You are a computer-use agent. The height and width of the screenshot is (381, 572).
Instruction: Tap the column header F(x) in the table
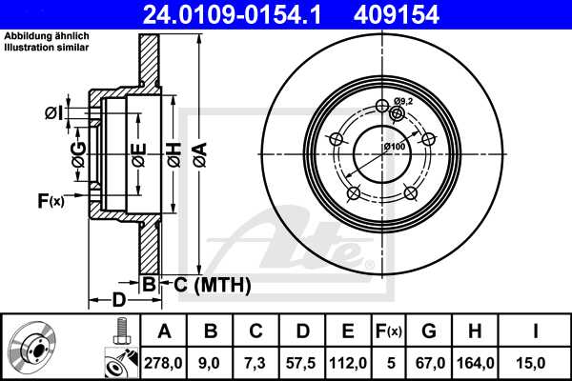(388, 331)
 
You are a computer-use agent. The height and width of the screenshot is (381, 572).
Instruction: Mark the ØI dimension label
(53, 113)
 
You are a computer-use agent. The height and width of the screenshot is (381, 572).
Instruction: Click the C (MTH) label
(212, 284)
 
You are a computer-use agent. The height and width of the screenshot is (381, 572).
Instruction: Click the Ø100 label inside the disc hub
(394, 146)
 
